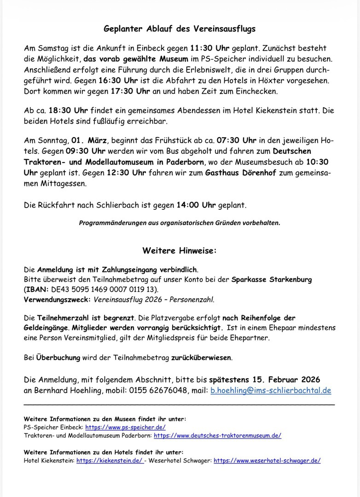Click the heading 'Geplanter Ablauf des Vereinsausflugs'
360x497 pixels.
[x=180, y=29]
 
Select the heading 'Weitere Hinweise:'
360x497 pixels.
[x=180, y=251]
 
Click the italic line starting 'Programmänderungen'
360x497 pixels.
[x=180, y=223]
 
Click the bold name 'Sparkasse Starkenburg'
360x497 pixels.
[x=272, y=280]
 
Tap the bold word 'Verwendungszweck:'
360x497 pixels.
[x=57, y=300]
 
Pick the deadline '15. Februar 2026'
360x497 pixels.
[x=265, y=380]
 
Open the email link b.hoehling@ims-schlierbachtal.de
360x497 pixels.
[x=271, y=391]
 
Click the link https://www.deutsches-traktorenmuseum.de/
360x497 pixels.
[x=217, y=435]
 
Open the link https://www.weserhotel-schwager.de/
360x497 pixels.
[x=267, y=460]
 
